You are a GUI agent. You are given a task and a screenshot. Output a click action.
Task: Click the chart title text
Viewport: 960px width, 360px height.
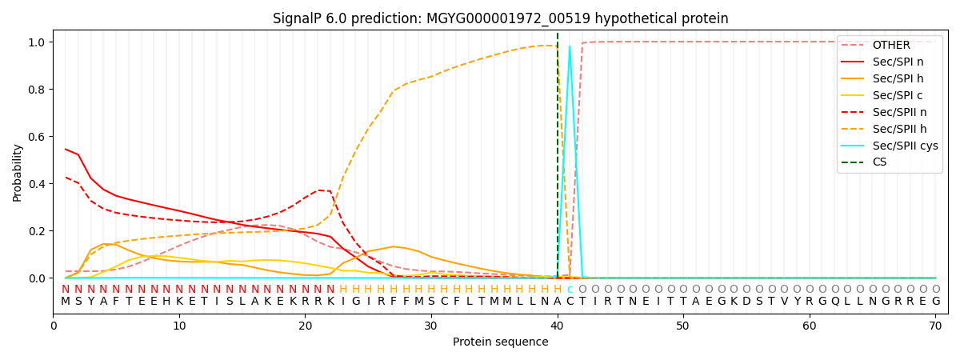[x=500, y=18]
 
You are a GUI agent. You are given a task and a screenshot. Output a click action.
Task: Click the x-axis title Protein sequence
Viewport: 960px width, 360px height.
[x=500, y=342]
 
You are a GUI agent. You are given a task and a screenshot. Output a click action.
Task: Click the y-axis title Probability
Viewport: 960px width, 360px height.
[x=18, y=172]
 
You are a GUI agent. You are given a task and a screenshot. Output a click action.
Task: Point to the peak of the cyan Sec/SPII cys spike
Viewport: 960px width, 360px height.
[x=570, y=46]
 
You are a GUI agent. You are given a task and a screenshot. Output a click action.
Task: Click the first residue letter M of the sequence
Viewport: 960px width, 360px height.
[x=66, y=302]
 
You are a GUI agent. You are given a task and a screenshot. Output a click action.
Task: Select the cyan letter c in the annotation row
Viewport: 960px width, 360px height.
[x=570, y=290]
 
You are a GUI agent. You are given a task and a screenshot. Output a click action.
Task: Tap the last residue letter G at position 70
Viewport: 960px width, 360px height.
[x=935, y=302]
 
